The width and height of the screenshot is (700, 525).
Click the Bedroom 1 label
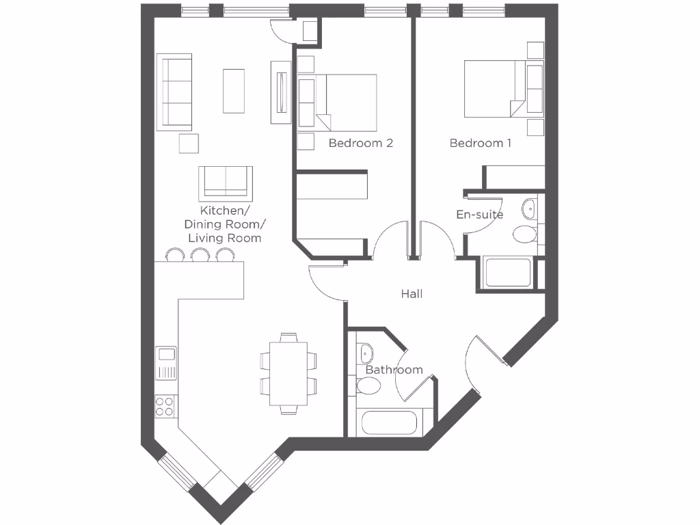pos(480,143)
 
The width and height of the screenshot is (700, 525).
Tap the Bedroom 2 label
pos(360,143)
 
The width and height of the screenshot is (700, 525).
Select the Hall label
pos(412,293)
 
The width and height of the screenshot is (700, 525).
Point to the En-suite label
pos(479,215)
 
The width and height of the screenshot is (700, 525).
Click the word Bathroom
pos(394,370)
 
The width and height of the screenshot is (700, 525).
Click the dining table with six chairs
pos(288,373)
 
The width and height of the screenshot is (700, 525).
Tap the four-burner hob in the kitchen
pos(165,406)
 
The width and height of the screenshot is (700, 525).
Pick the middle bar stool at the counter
pos(200,255)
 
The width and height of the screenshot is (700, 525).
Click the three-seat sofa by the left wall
pos(174,92)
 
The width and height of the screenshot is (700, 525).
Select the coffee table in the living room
pos(233,90)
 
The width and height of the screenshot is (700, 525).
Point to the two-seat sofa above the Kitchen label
pos(226,182)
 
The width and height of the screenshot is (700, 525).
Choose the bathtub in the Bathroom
pos(389,422)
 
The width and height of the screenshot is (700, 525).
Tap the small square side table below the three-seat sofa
pos(189,144)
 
